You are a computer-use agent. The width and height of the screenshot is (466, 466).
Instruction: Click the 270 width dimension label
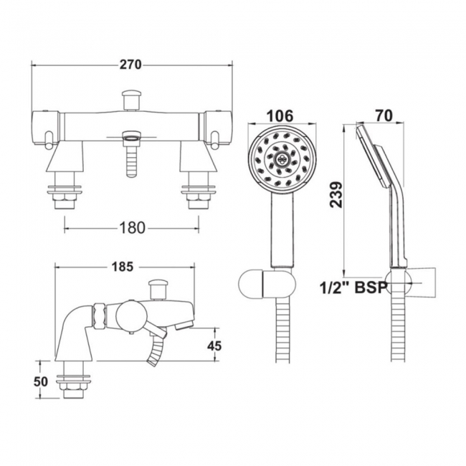coord(130,65)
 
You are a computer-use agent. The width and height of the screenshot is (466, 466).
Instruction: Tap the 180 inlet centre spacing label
coord(132,228)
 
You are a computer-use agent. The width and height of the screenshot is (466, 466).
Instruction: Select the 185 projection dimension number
coord(123,267)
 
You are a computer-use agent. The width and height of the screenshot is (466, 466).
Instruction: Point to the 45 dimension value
coord(214,346)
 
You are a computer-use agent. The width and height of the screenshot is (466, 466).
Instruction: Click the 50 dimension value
coord(41,381)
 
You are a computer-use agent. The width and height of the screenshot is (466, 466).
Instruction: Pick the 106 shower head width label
coord(280,115)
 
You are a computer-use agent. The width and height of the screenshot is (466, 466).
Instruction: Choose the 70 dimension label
coord(384,115)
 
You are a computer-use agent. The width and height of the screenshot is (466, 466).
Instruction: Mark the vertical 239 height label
coord(336,195)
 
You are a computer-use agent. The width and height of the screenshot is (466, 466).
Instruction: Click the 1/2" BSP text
coord(353,287)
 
